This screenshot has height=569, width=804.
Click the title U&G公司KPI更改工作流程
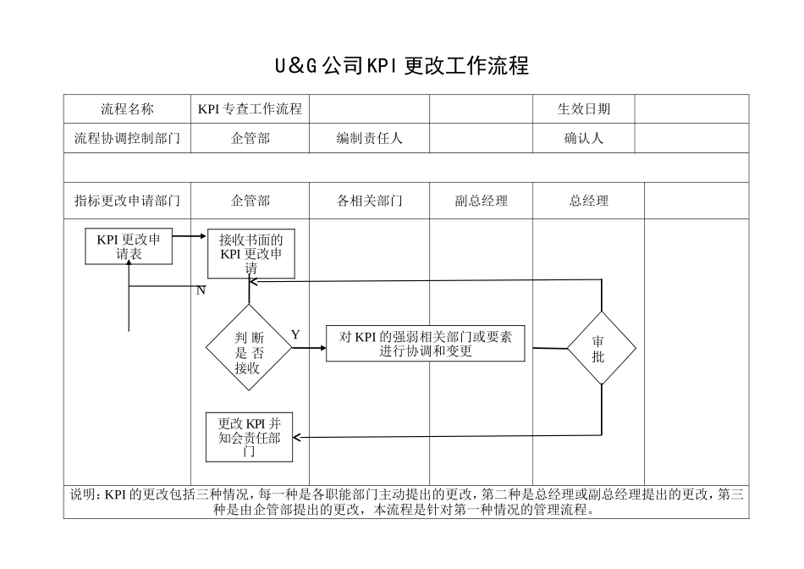tap(402, 66)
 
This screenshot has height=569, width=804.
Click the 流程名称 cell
tap(127, 109)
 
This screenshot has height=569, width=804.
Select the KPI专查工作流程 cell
tap(250, 109)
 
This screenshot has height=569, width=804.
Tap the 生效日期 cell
tap(583, 109)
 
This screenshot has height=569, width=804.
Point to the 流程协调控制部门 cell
tap(127, 138)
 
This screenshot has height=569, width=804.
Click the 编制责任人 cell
tap(369, 138)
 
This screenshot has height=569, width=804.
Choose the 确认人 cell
tap(583, 138)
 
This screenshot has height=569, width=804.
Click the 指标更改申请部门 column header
tap(127, 201)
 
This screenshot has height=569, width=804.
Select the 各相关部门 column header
tap(369, 201)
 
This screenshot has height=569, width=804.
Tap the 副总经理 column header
tap(481, 201)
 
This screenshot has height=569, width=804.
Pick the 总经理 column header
tap(588, 201)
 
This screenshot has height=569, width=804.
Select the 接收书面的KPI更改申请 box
tap(251, 254)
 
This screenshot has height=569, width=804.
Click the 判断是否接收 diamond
tap(249, 348)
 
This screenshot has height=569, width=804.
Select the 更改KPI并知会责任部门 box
tap(250, 437)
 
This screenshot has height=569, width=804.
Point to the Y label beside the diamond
tap(295, 335)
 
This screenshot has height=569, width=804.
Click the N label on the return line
tap(201, 290)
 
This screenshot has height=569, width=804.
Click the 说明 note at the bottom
tap(406, 503)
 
